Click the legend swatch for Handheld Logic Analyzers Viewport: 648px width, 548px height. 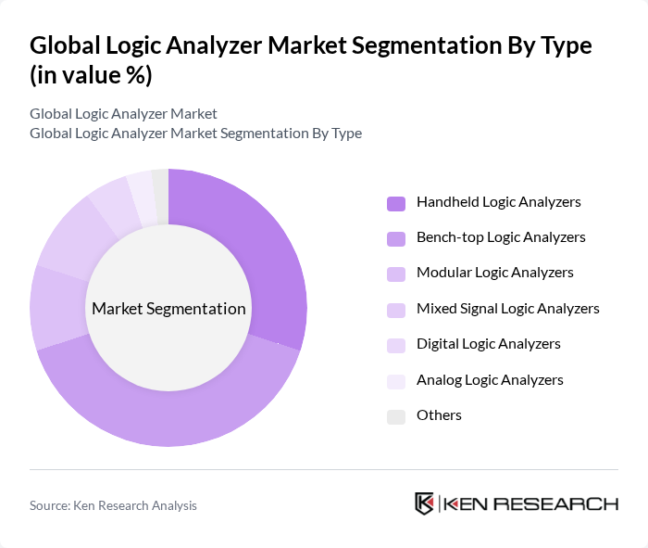click(x=396, y=203)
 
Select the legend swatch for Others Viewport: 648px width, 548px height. click(x=396, y=415)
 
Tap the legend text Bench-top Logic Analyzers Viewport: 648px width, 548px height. click(x=501, y=237)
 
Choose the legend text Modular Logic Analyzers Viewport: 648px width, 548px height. click(x=495, y=273)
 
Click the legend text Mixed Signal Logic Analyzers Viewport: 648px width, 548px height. click(x=508, y=308)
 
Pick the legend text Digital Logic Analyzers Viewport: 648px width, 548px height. click(x=489, y=344)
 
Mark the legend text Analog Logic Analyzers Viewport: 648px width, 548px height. click(x=490, y=379)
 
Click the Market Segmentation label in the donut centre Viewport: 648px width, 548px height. click(x=168, y=309)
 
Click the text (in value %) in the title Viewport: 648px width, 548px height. click(x=91, y=76)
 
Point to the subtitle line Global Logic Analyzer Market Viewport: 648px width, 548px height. click(x=123, y=113)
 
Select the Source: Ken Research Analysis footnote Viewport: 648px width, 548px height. click(x=113, y=505)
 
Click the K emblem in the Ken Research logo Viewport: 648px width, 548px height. click(x=424, y=503)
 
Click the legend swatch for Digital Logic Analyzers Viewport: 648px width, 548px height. click(x=396, y=345)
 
